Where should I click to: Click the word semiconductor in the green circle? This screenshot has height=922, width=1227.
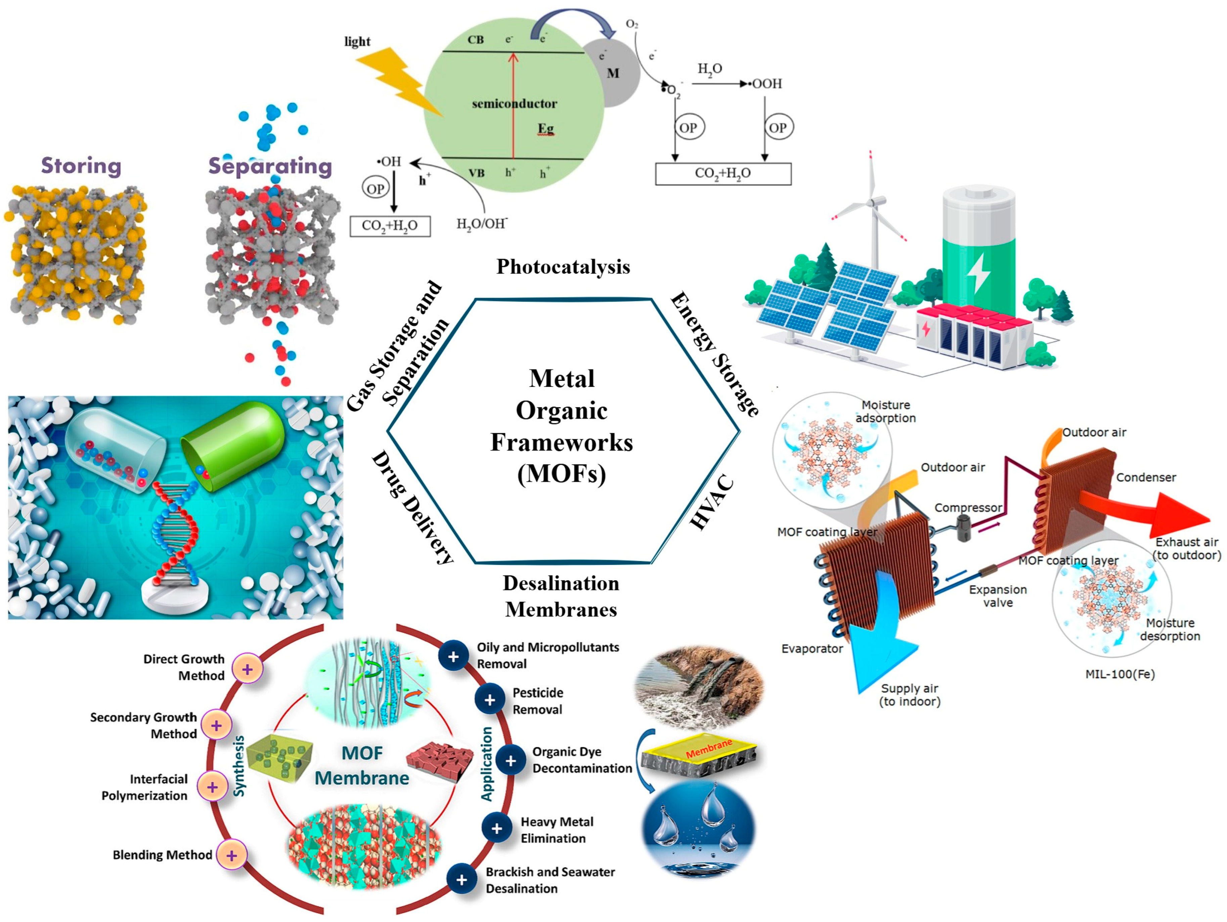pyautogui.click(x=514, y=104)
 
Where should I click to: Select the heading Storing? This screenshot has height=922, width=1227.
pyautogui.click(x=81, y=166)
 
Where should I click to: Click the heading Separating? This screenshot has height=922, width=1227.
pyautogui.click(x=270, y=166)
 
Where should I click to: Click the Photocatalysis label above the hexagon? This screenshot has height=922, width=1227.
pyautogui.click(x=563, y=267)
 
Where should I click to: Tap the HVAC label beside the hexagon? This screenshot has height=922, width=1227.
pyautogui.click(x=713, y=502)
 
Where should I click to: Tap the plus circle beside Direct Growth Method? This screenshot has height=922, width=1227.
pyautogui.click(x=248, y=669)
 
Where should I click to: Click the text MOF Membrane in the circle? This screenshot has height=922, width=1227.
pyautogui.click(x=362, y=765)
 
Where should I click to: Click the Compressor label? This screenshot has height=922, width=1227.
pyautogui.click(x=968, y=508)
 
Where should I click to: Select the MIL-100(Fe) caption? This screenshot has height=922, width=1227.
pyautogui.click(x=1120, y=674)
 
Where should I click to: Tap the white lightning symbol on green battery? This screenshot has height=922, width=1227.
pyautogui.click(x=978, y=275)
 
